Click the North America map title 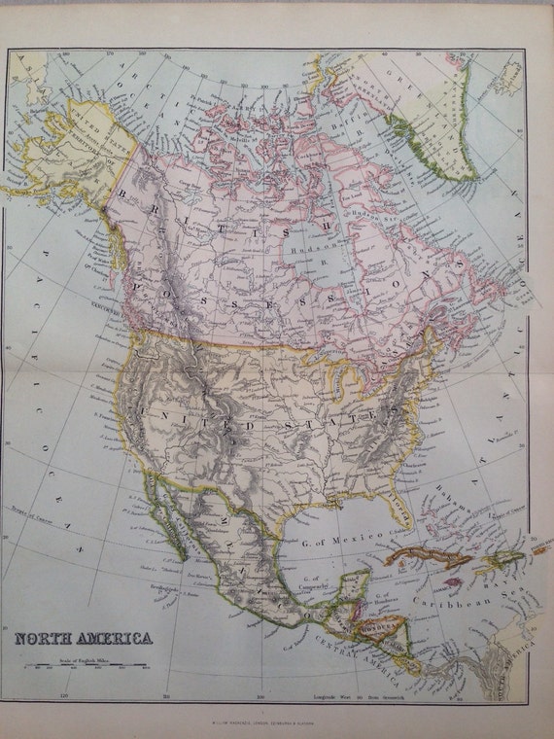[x=82, y=639]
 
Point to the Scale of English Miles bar [x=83, y=667]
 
